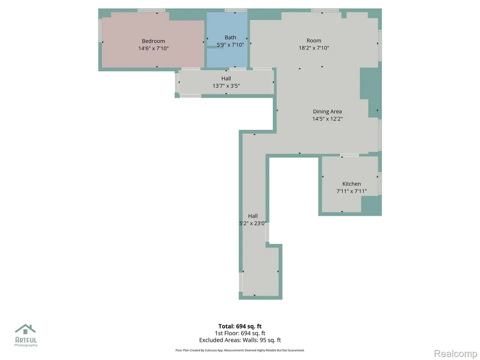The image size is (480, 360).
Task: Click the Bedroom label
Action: tap(153, 41)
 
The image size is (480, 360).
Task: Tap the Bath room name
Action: tap(230, 37)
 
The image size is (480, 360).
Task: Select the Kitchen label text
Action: tap(352, 184)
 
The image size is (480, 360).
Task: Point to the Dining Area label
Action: tap(327, 112)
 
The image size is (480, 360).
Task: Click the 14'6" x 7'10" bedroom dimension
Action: tap(153, 48)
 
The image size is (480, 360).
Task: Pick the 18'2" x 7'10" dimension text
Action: tap(314, 48)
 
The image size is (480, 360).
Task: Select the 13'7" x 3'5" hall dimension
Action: tap(226, 86)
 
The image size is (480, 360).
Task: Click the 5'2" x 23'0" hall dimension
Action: tap(253, 224)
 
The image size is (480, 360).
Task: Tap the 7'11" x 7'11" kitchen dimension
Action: tap(352, 191)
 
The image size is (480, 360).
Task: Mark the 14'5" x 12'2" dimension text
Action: tap(327, 119)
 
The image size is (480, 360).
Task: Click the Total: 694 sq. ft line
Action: tap(240, 326)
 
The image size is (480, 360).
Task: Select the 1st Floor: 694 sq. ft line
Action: tap(240, 333)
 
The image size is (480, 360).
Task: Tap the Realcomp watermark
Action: tap(456, 353)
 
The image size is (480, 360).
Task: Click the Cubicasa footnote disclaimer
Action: tap(240, 350)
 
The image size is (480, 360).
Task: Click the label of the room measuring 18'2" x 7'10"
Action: tap(314, 40)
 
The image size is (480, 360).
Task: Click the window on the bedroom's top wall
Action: tap(151, 10)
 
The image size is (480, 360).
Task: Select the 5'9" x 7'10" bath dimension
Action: tap(230, 45)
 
